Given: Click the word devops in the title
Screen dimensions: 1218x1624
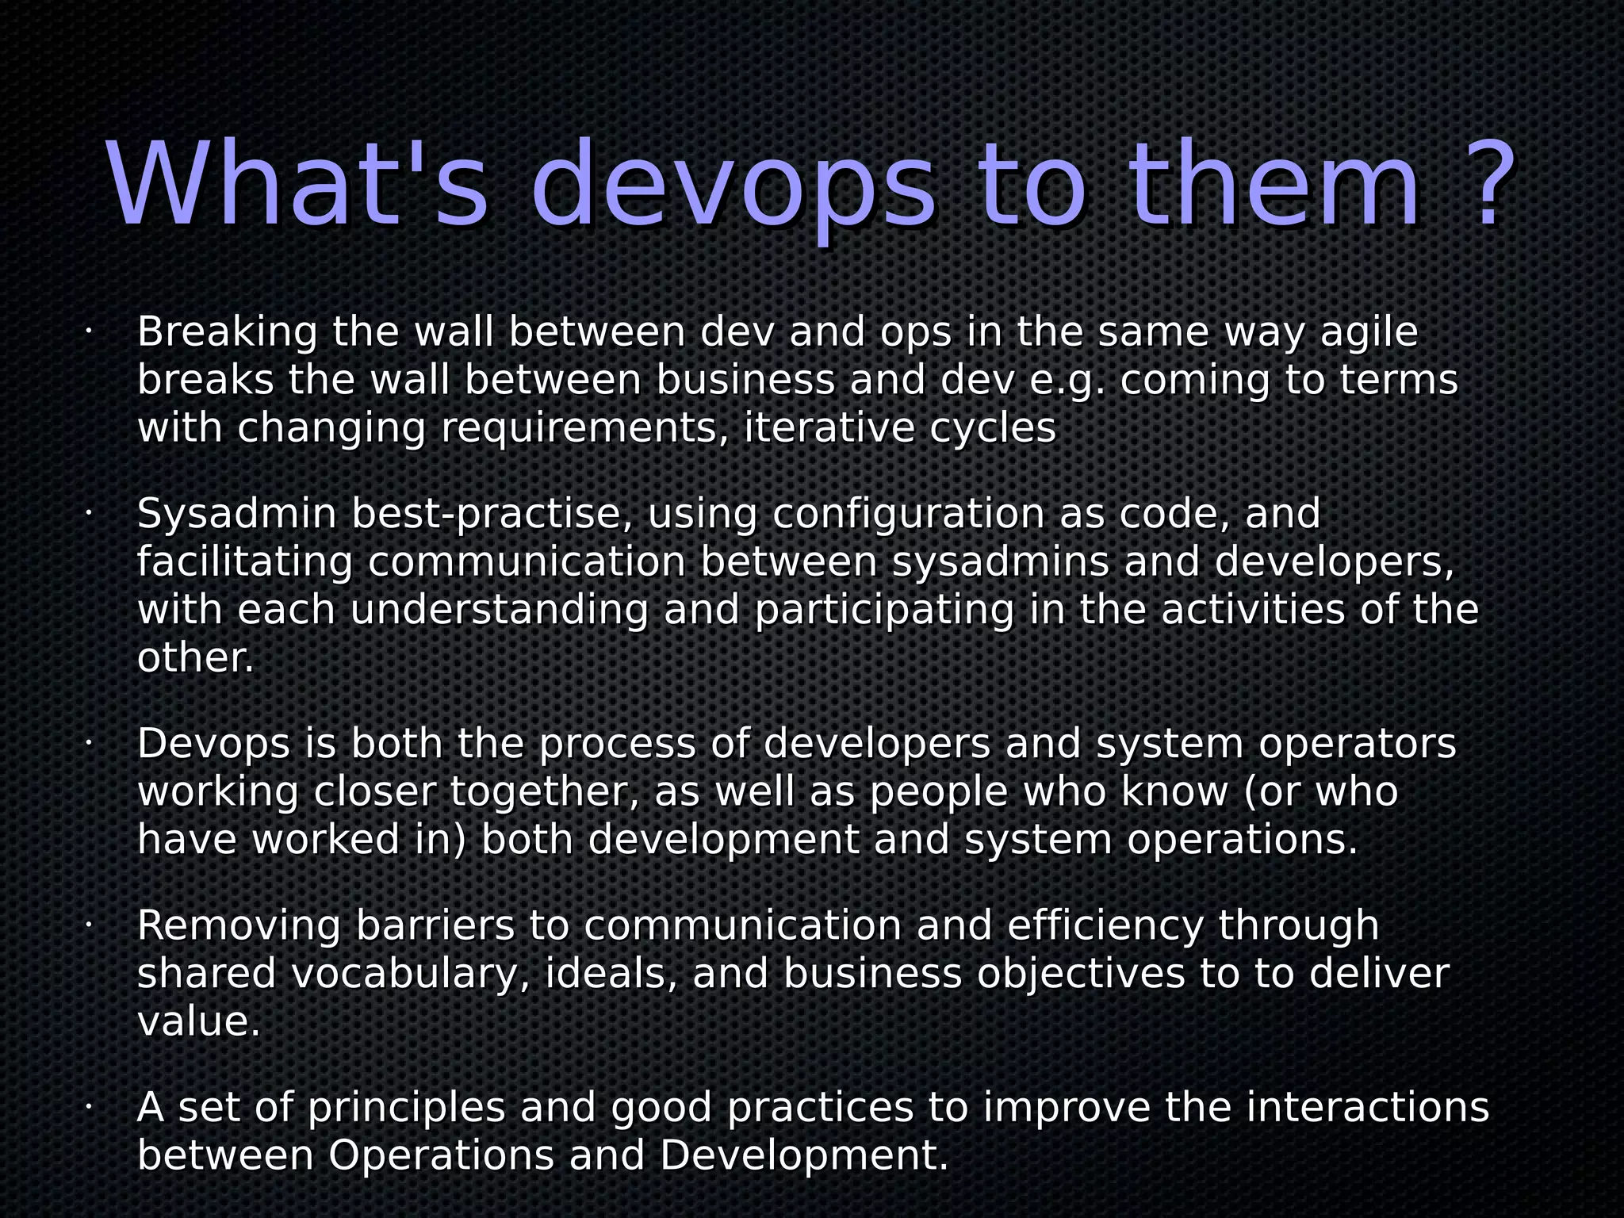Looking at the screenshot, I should coord(733,186).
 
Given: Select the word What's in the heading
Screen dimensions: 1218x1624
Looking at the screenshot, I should coord(297,186).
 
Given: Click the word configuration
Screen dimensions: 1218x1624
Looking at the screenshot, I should coord(908,515).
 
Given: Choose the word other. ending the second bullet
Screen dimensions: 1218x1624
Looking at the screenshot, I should coord(195,659).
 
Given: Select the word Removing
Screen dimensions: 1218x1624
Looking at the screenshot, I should coord(239,926).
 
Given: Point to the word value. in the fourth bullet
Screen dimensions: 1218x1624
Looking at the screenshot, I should coord(198,1022).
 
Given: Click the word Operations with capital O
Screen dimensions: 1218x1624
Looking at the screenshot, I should coord(441,1156).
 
